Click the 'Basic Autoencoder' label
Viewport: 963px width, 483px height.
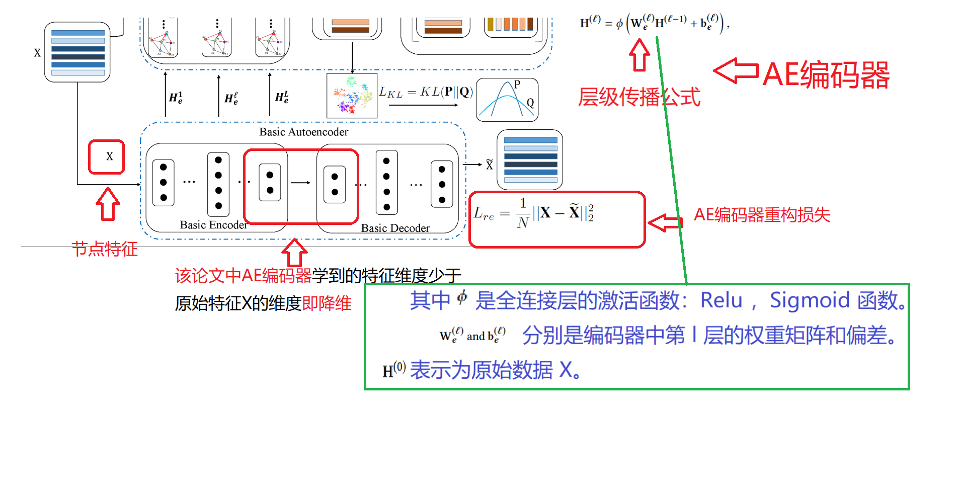coord(303,132)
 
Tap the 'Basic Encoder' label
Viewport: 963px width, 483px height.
coord(213,225)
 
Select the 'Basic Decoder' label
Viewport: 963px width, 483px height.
coord(395,228)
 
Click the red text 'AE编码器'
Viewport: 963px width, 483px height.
coord(826,75)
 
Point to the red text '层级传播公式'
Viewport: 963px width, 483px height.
coord(639,97)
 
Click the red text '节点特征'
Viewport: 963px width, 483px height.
coord(105,249)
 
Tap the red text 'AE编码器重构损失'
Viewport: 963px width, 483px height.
coord(762,215)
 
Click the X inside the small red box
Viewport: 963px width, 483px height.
coord(109,156)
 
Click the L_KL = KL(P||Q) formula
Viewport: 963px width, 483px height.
coord(426,92)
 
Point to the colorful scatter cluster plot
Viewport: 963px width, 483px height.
coord(352,96)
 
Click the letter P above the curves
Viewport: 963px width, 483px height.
coord(517,85)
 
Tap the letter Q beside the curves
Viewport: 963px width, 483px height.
coord(530,103)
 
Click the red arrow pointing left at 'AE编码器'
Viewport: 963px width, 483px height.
coord(736,70)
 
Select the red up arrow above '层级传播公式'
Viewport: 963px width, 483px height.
coord(639,55)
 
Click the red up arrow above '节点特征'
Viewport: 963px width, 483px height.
coord(108,204)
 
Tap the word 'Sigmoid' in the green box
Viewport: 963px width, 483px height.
coord(810,300)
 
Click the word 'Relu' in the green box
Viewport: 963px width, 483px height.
coord(721,300)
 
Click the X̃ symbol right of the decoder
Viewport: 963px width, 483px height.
coord(489,165)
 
